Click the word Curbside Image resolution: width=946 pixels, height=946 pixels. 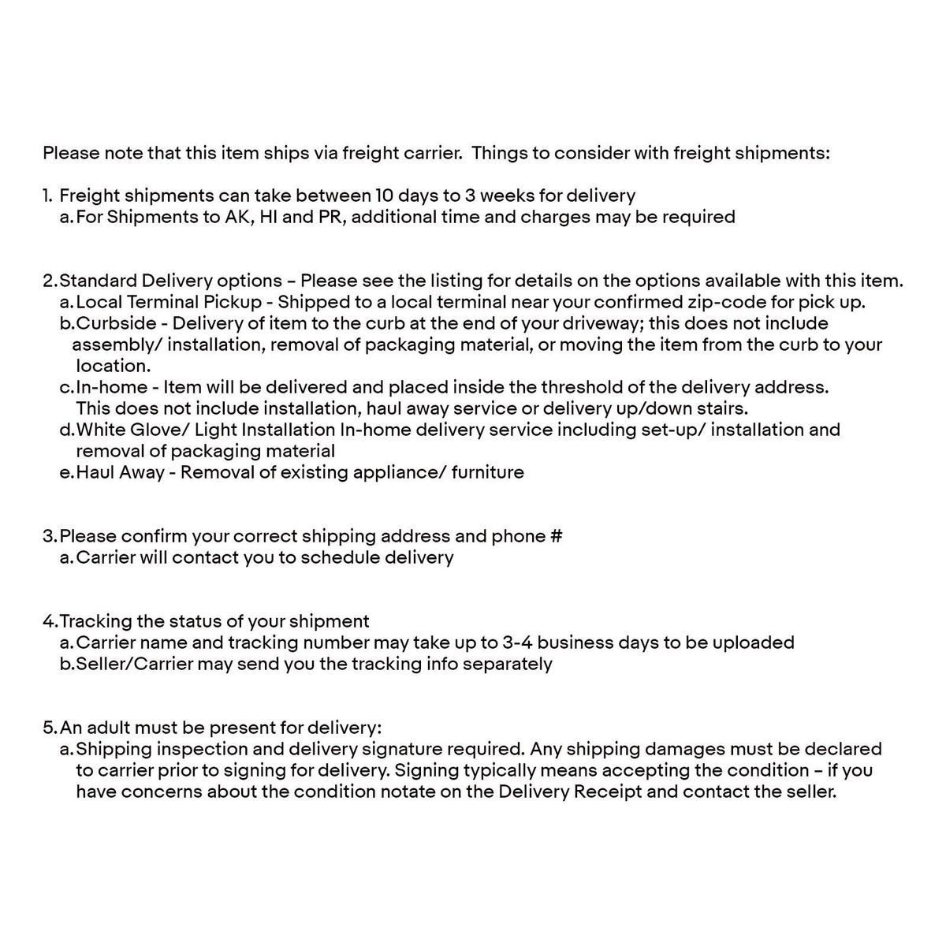click(x=120, y=323)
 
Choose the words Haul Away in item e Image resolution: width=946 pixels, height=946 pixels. click(x=120, y=472)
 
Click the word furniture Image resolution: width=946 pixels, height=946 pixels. click(x=488, y=472)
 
